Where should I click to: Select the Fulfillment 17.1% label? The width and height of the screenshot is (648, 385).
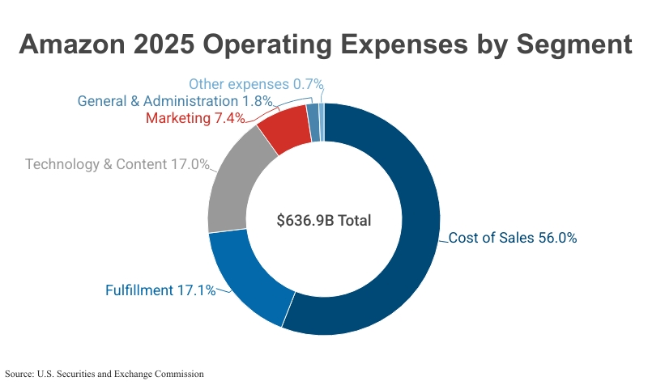point(160,290)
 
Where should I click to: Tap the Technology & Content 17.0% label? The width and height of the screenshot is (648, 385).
point(117,164)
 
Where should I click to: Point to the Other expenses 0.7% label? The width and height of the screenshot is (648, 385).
point(256,83)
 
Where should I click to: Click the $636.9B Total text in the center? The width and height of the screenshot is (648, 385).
point(324,220)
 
